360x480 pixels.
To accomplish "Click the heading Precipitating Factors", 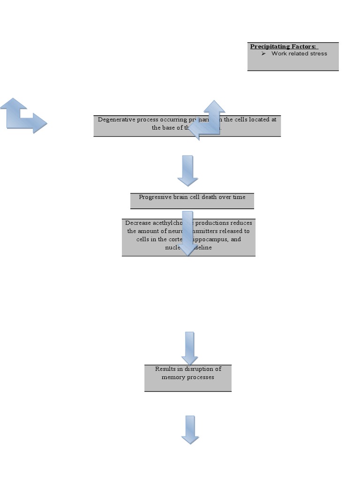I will pos(283,46).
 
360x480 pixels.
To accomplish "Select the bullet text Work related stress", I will pos(299,53).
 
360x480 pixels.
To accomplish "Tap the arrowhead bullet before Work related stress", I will pos(264,53).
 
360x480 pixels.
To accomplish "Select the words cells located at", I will pos(256,120).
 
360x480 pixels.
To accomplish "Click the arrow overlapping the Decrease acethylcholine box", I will pos(187,234).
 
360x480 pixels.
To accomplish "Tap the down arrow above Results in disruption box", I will pos(189,348).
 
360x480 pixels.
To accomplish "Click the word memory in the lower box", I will pos(172,377).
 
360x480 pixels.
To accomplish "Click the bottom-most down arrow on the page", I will pos(190,429).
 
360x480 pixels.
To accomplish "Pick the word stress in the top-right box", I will pos(318,53).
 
